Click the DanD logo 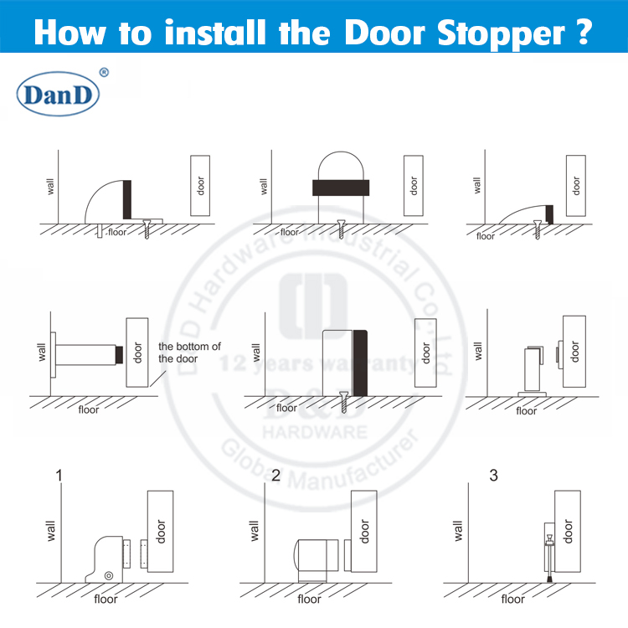[58, 95]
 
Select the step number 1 [59, 476]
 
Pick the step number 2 [276, 476]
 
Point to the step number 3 [493, 476]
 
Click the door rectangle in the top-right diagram [574, 186]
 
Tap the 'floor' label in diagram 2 [309, 599]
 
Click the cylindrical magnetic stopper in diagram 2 [316, 556]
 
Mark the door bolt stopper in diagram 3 [548, 553]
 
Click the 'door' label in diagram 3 [569, 531]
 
